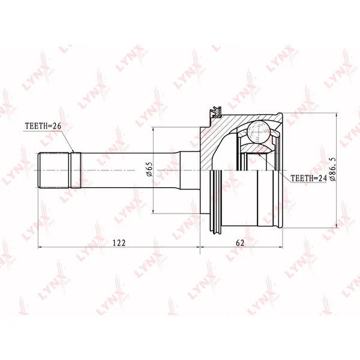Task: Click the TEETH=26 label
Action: click(43, 126)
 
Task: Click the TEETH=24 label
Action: click(308, 178)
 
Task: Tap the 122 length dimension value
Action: click(119, 242)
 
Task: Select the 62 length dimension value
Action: click(240, 242)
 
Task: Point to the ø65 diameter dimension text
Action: click(149, 169)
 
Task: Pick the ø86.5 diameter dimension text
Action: click(332, 169)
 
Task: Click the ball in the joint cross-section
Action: click(259, 132)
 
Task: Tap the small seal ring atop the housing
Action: click(216, 112)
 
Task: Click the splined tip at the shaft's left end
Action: click(54, 170)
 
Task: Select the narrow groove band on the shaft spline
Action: click(76, 170)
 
